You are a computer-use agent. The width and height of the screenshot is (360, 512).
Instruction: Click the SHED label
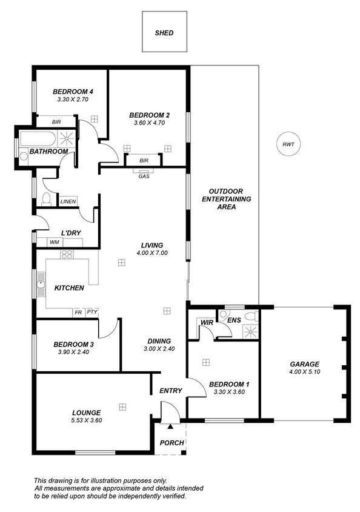(x=164, y=33)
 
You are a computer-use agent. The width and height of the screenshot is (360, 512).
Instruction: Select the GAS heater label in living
(x=144, y=177)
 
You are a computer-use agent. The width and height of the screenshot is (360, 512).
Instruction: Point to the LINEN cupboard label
(x=67, y=201)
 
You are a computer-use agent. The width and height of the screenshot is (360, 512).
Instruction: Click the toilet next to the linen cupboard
(x=46, y=199)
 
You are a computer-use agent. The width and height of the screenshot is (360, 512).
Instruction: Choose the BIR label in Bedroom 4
(x=56, y=122)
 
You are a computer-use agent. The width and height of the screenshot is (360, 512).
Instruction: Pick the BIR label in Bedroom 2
(x=144, y=161)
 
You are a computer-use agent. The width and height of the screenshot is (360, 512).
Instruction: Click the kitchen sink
(x=41, y=284)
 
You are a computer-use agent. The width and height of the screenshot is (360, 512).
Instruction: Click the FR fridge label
(x=78, y=312)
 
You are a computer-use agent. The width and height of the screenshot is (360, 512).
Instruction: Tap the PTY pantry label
(x=92, y=312)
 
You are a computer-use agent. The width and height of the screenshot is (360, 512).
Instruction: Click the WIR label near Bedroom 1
(x=206, y=323)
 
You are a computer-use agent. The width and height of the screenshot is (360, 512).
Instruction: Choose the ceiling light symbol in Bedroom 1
(x=206, y=362)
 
